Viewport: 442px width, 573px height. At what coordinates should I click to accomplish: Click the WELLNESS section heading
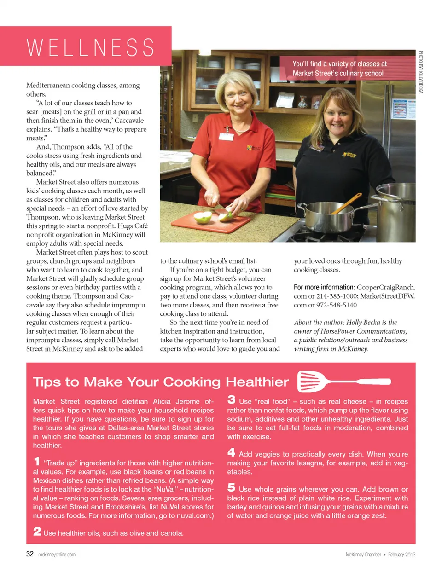(x=91, y=47)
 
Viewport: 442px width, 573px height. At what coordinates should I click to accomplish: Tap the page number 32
(x=29, y=554)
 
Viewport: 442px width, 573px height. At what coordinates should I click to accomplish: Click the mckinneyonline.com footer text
(x=57, y=555)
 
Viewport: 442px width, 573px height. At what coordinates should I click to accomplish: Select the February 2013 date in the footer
(x=401, y=555)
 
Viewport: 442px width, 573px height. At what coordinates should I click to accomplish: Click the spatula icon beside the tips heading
(x=343, y=382)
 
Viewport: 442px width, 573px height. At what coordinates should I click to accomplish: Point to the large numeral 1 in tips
(x=37, y=461)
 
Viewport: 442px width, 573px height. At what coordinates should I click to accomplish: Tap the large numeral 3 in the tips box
(x=231, y=399)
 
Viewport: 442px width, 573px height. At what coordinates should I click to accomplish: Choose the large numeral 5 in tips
(x=231, y=487)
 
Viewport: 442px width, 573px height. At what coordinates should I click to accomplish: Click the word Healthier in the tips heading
(x=257, y=382)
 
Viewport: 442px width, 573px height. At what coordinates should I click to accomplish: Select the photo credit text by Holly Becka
(x=420, y=72)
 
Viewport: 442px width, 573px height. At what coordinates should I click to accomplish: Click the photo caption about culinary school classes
(x=339, y=69)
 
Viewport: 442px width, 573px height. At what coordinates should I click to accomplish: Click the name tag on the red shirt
(x=227, y=136)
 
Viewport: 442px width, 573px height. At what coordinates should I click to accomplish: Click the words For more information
(x=324, y=287)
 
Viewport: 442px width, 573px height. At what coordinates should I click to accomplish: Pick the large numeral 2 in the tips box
(x=37, y=531)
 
